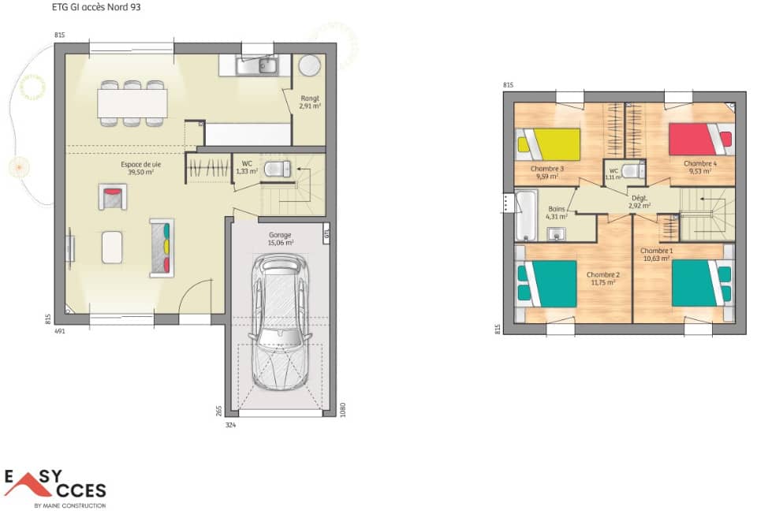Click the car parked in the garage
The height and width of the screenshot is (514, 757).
pos(279,323)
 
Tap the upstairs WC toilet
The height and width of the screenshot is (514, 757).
pos(630,171)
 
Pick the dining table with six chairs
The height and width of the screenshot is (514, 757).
pos(132,102)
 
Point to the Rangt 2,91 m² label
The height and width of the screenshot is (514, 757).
pos(310,102)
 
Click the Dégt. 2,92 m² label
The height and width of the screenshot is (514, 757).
pos(640,202)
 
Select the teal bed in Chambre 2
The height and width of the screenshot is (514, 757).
pos(549,283)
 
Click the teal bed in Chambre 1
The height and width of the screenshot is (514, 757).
pos(701,283)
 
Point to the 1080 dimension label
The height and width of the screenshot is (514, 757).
pos(343,410)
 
